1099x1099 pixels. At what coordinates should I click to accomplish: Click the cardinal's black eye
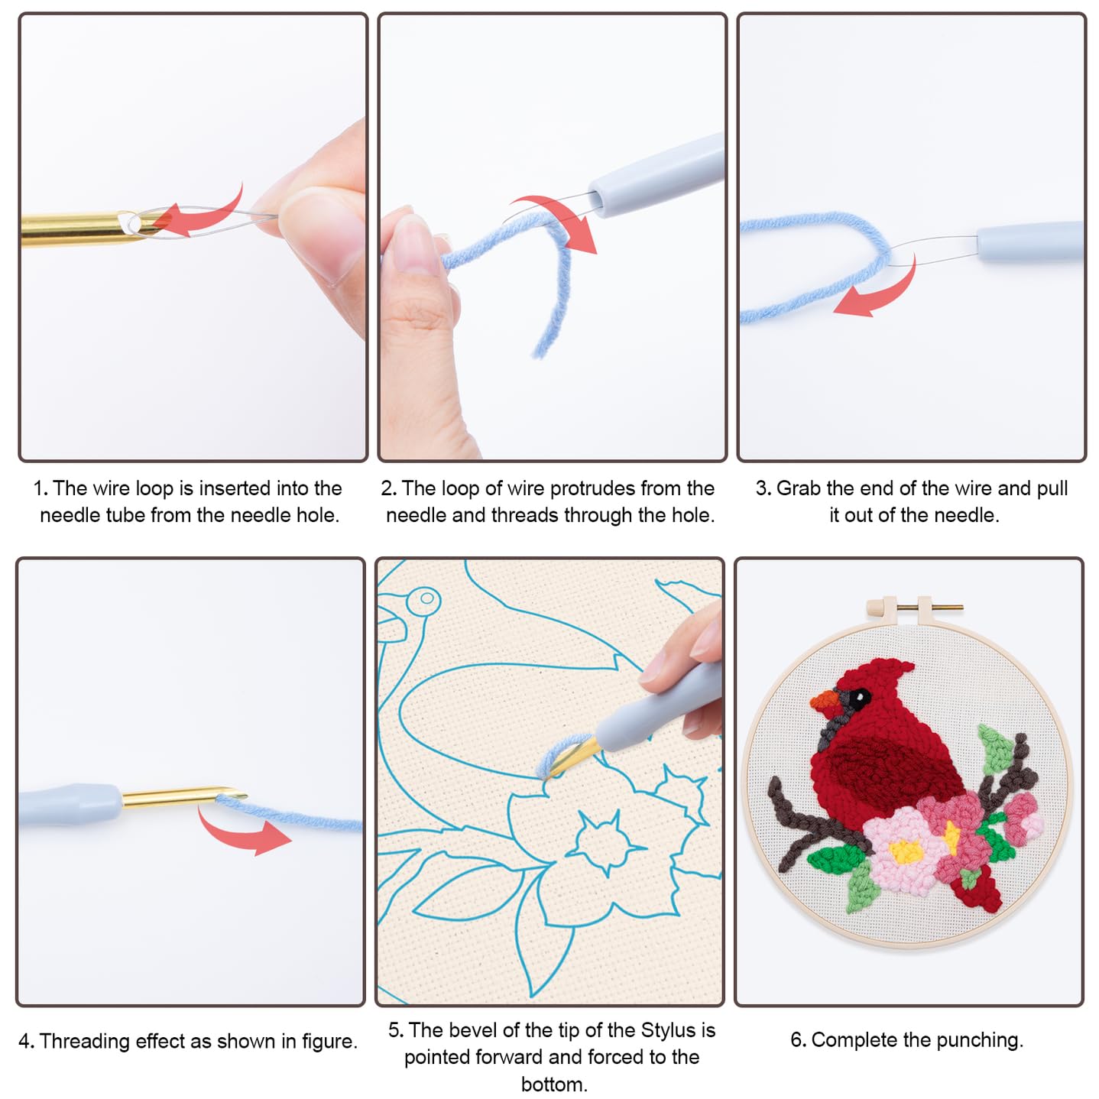point(857,698)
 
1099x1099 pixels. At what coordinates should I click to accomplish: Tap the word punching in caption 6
point(979,1040)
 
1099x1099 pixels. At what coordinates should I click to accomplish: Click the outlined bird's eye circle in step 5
point(426,599)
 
